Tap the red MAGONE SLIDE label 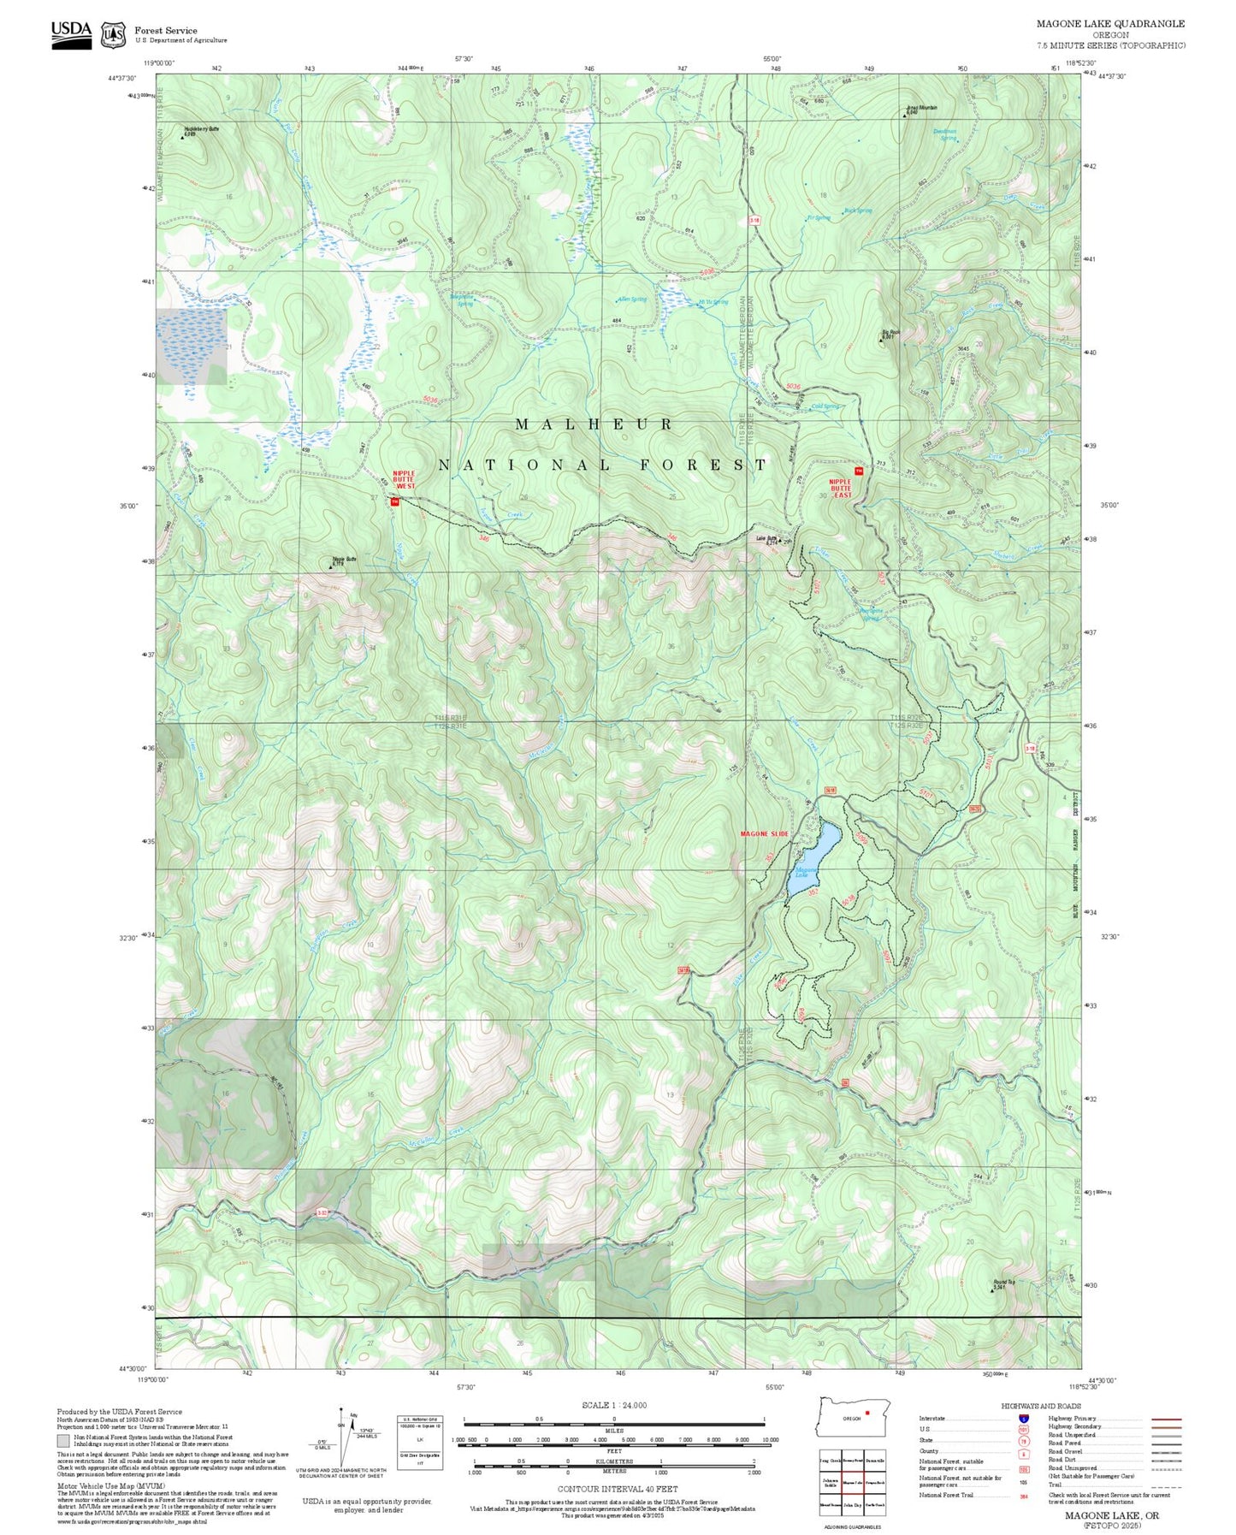pos(764,833)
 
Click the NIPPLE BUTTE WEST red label pos(404,479)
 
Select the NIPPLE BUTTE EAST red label pos(841,489)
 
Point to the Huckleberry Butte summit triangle pos(182,135)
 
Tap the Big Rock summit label pos(890,334)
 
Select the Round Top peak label pos(1003,1283)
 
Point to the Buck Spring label pos(858,210)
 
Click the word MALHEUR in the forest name pos(594,424)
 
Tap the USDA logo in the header pos(71,32)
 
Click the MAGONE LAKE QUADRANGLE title pos(1110,24)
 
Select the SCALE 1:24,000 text pos(614,1405)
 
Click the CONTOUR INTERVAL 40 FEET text pos(617,1489)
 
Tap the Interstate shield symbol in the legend pos(1023,1419)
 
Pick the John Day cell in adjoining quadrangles pos(852,1503)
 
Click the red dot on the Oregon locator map pos(867,1413)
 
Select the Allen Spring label pos(631,299)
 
